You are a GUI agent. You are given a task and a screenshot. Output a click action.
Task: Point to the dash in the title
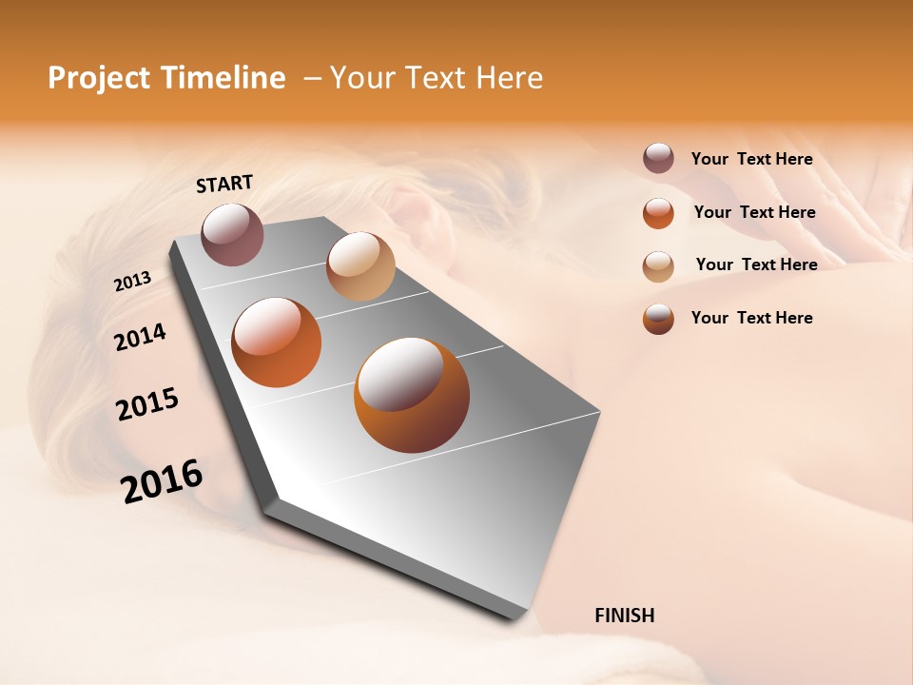pyautogui.click(x=311, y=79)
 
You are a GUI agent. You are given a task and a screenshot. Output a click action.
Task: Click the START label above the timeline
pyautogui.click(x=224, y=184)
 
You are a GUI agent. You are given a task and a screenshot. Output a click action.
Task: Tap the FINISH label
pyautogui.click(x=624, y=616)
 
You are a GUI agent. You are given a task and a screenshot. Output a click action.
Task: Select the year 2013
pyautogui.click(x=132, y=282)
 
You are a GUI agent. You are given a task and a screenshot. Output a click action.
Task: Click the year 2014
pyautogui.click(x=140, y=337)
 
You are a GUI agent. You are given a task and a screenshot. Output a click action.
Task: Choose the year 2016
pyautogui.click(x=162, y=480)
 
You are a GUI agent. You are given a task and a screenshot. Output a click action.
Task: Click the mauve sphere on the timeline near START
pyautogui.click(x=233, y=234)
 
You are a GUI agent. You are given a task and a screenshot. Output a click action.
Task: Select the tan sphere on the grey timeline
pyautogui.click(x=360, y=266)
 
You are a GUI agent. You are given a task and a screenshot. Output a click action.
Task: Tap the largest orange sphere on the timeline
pyautogui.click(x=411, y=395)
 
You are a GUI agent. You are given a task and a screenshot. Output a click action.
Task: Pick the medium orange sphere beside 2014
pyautogui.click(x=277, y=342)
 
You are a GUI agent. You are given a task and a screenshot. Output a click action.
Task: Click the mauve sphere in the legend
pyautogui.click(x=658, y=159)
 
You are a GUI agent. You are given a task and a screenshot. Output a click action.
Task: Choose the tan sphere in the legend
pyautogui.click(x=658, y=265)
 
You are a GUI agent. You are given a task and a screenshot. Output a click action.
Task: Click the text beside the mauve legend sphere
pyautogui.click(x=751, y=159)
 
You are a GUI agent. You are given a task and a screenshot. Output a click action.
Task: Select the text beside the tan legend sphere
pyautogui.click(x=756, y=264)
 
